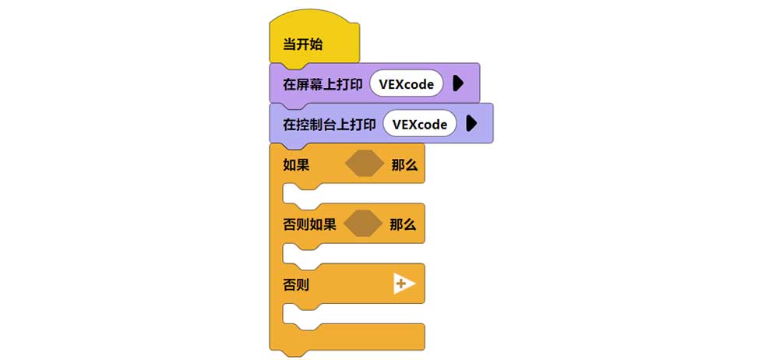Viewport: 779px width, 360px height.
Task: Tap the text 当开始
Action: click(x=302, y=44)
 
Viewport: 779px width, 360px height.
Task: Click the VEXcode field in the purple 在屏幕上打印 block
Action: click(x=406, y=84)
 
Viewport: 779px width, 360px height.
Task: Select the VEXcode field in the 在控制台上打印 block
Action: click(x=419, y=125)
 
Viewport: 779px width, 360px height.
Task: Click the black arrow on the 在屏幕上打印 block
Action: click(x=457, y=84)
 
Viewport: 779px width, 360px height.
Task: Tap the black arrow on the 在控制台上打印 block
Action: click(x=471, y=125)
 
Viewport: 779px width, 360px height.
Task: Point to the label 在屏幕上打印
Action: click(x=323, y=84)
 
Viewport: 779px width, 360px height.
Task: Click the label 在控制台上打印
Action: click(x=330, y=125)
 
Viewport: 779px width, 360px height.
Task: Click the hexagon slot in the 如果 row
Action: click(x=364, y=164)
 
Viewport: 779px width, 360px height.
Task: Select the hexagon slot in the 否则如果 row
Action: click(x=364, y=224)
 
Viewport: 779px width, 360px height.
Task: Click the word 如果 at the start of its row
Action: click(x=296, y=165)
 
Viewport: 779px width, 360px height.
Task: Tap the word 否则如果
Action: click(x=309, y=225)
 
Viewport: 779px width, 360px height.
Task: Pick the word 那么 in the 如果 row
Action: click(x=404, y=165)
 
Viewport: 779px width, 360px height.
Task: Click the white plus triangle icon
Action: click(x=404, y=284)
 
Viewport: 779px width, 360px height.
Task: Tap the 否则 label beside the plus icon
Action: click(x=296, y=285)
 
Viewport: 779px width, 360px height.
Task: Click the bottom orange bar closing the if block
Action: click(x=347, y=338)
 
